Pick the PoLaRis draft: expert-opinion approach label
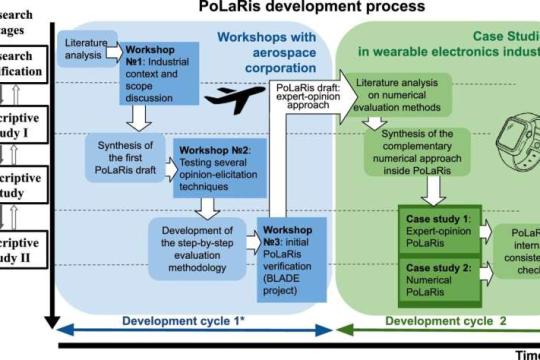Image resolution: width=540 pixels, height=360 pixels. [307, 96]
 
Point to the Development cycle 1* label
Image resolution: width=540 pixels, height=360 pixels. [185, 322]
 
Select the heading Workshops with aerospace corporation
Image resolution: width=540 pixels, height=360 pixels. [262, 47]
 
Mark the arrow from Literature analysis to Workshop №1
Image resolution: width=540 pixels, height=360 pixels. [107, 49]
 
